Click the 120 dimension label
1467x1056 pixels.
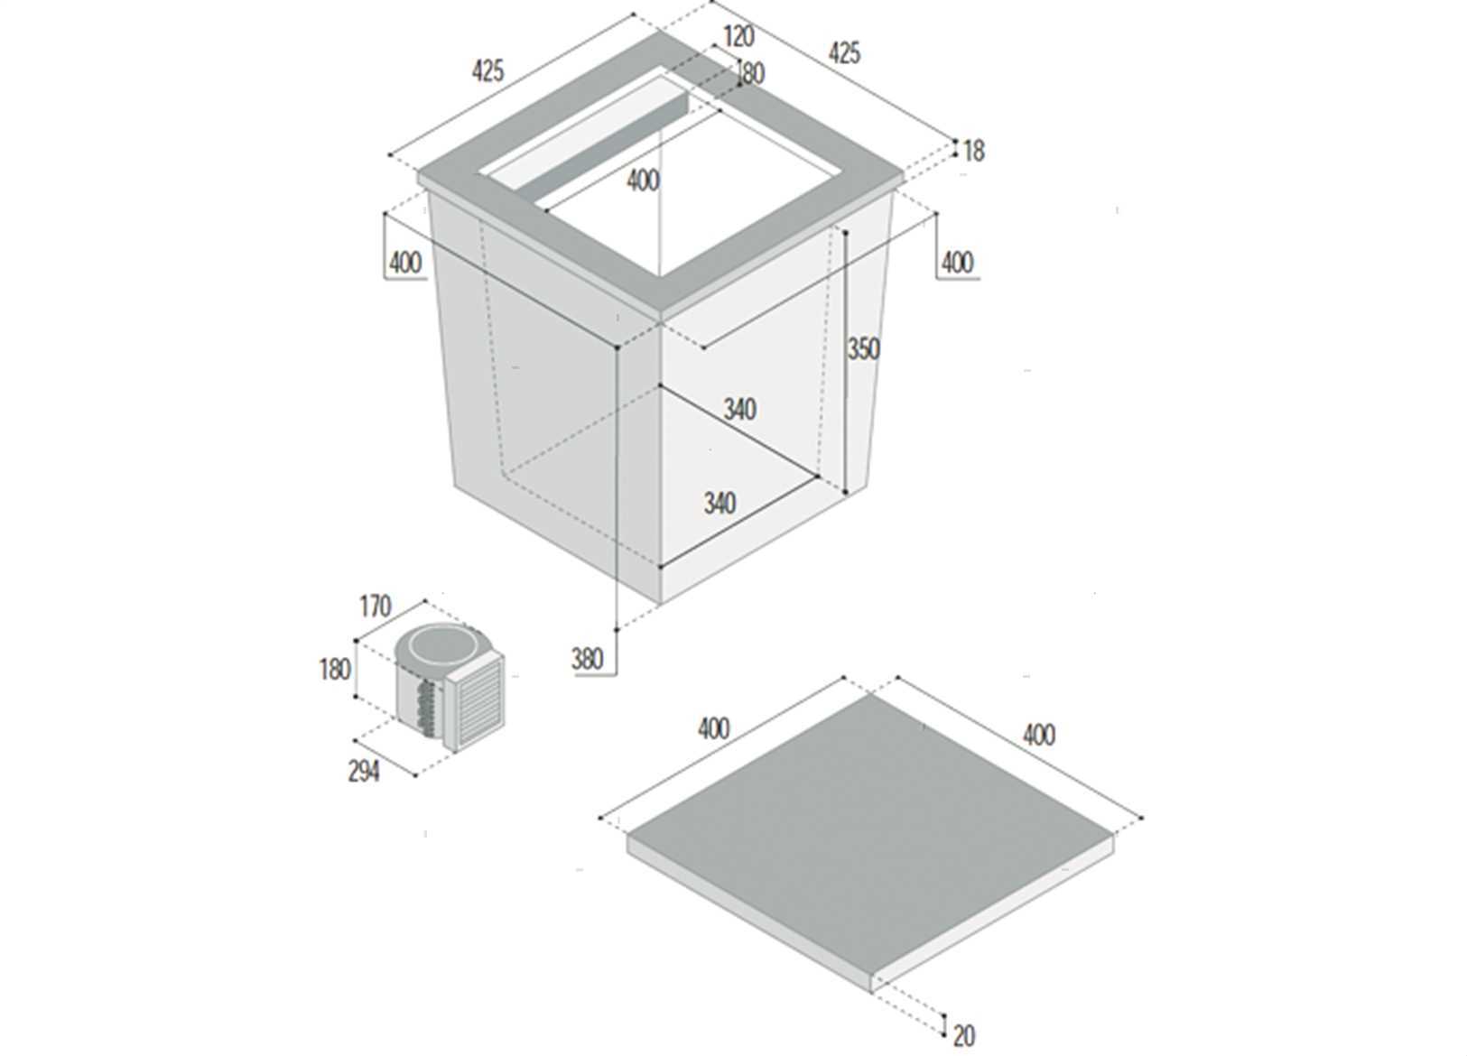(x=739, y=37)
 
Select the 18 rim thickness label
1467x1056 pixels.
(x=974, y=152)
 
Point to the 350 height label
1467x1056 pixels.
(x=864, y=349)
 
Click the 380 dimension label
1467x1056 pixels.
(x=587, y=659)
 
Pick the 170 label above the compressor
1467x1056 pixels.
(x=376, y=607)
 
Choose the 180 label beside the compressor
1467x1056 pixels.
(x=335, y=670)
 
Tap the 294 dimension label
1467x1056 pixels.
(x=364, y=772)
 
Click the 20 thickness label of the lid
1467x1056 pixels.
(x=964, y=1036)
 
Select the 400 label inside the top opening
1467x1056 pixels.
(x=643, y=181)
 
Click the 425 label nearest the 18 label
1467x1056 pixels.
(x=845, y=53)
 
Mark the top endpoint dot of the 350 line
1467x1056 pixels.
(x=846, y=233)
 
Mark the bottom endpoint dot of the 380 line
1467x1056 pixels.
(x=617, y=630)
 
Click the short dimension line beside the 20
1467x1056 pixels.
(x=944, y=1025)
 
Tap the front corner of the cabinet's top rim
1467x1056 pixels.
(x=660, y=316)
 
